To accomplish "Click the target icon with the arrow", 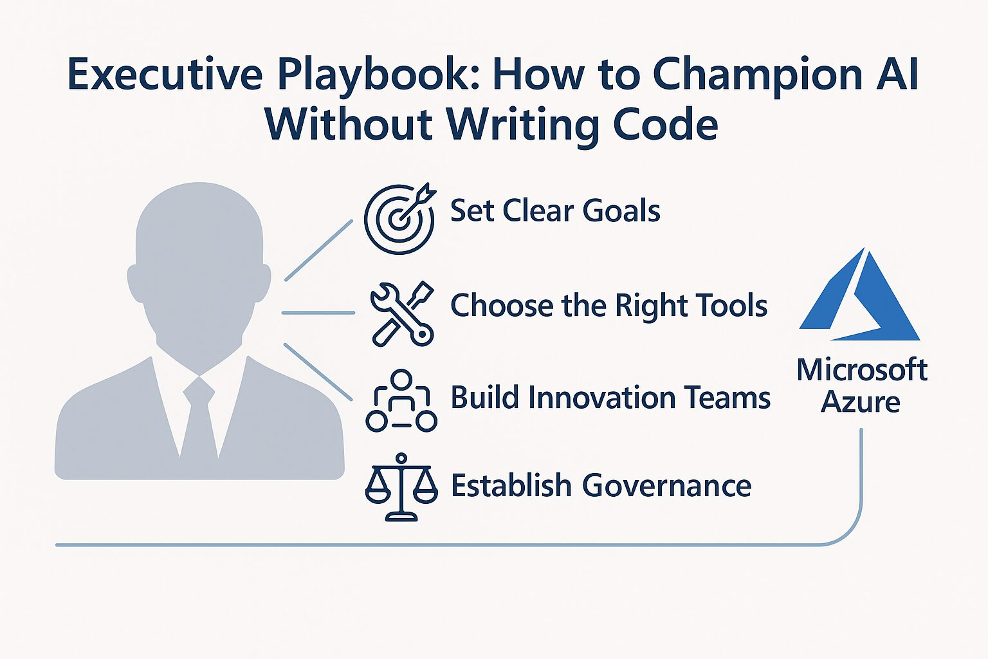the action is coord(399,219).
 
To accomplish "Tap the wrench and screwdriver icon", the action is coord(402,313).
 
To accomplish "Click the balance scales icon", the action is coord(401,487).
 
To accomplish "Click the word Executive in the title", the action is coord(165,75).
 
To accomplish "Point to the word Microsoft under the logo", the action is coord(863,369).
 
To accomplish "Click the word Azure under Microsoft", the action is coord(860,402).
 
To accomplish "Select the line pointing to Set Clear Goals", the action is coord(319,250).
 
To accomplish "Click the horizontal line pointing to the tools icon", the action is coord(318,313).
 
